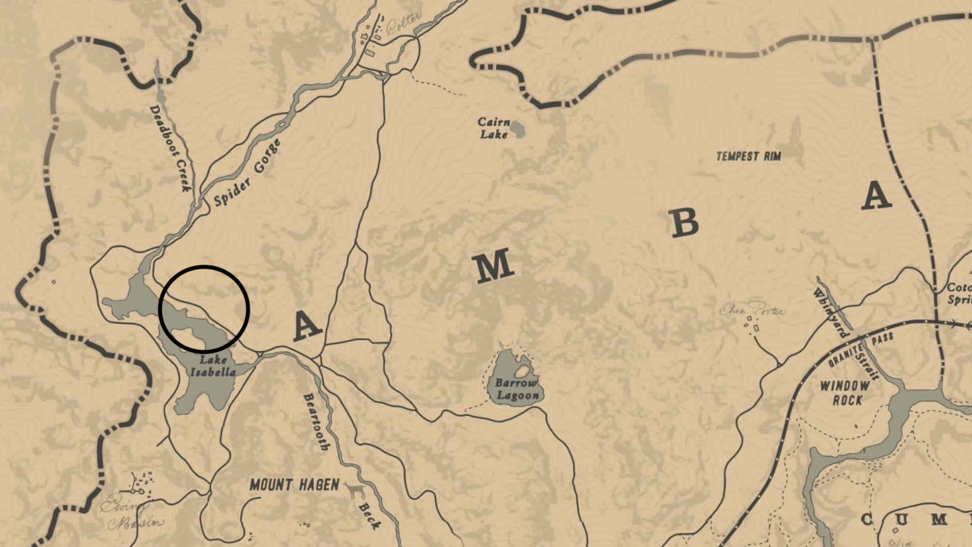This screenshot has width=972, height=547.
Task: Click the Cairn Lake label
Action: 493,128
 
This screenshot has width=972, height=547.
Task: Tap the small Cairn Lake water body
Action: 518,129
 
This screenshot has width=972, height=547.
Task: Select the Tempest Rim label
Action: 749,157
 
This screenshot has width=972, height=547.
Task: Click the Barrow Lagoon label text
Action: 516,390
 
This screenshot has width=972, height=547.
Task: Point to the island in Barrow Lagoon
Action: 522,371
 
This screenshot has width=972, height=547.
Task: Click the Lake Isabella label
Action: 213,366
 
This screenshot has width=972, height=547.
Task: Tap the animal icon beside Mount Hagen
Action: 352,490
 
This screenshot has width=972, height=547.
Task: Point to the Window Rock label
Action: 845,393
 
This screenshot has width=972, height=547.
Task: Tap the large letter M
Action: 494,268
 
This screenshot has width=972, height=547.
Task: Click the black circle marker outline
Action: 204,266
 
